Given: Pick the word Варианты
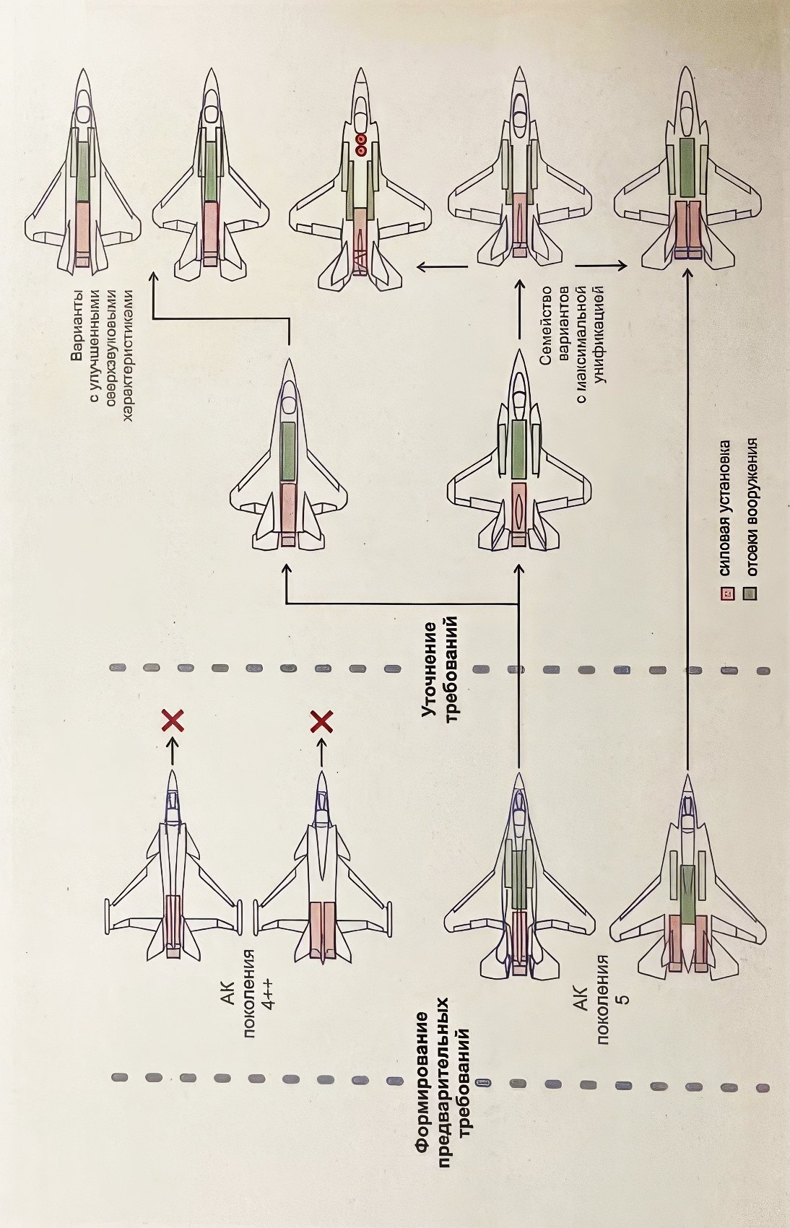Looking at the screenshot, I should click(75, 329).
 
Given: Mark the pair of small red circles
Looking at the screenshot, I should click(362, 145).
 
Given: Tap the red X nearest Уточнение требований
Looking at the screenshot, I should click(321, 720).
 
